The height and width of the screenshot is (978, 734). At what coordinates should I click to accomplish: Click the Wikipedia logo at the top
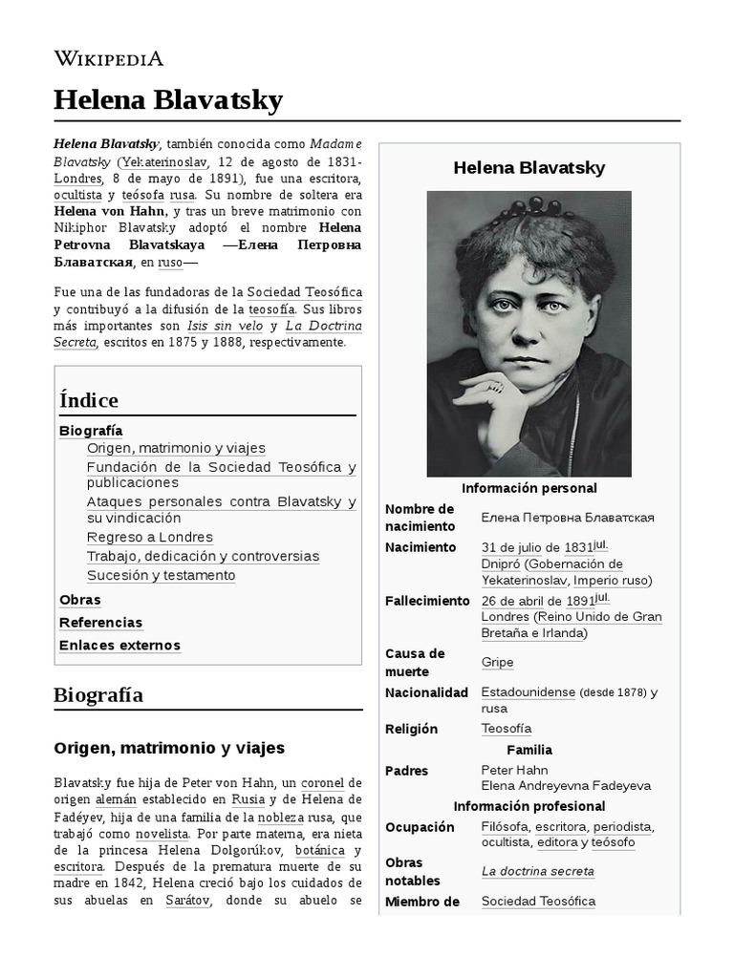point(109,58)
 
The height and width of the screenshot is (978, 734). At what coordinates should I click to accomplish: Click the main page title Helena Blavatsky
point(168,99)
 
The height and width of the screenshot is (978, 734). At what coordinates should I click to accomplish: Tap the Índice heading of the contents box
point(89,400)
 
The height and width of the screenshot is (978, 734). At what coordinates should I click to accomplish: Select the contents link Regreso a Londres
point(149,537)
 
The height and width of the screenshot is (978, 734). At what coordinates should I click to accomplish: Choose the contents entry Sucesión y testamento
point(161,575)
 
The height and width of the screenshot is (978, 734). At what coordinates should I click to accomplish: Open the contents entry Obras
point(79,600)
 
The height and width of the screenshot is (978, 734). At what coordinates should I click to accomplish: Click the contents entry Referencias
point(100,623)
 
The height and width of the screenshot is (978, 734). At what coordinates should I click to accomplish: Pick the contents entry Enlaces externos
point(119,646)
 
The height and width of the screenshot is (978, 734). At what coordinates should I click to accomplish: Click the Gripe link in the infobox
point(497,662)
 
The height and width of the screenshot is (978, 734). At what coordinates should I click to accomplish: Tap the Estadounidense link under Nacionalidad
point(528,691)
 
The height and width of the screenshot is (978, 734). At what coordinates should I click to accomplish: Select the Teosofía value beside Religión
point(506,729)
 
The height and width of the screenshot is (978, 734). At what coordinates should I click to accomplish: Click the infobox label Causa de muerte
point(415,662)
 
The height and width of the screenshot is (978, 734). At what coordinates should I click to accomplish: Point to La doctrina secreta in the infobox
point(537,871)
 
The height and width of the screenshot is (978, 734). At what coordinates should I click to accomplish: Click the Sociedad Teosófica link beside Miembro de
point(538,901)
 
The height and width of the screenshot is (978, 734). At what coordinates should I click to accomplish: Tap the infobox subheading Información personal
point(529,488)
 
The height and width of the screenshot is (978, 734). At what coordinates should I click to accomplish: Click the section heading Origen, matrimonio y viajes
point(168,748)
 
